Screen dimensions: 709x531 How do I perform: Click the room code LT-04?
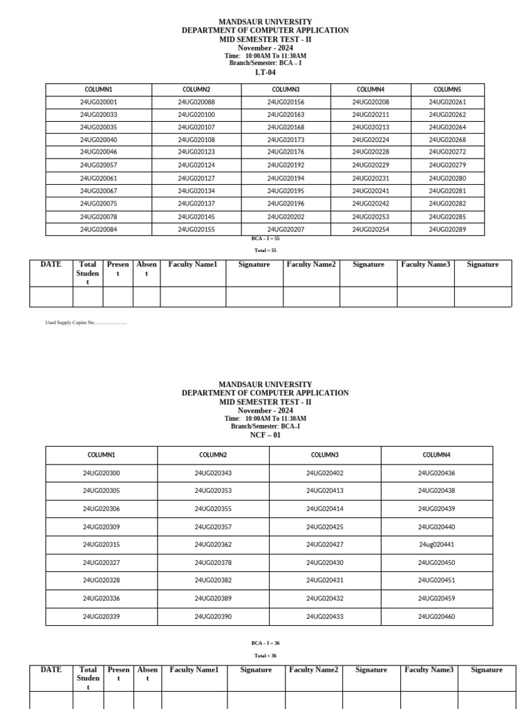265,72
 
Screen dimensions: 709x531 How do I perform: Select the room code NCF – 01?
265,436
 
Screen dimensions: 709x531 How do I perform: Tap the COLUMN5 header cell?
447,89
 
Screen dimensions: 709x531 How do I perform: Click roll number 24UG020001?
98,102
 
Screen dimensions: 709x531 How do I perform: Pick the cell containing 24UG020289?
447,229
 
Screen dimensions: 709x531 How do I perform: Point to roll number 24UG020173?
286,140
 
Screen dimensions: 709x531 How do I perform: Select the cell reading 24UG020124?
196,165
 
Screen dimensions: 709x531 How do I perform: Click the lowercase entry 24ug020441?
436,545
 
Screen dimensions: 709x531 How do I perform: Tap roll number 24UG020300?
101,473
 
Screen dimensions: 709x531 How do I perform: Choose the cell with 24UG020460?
436,616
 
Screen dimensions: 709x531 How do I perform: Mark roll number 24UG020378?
213,563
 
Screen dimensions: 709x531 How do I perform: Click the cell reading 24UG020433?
325,616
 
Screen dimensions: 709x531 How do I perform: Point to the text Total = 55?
265,250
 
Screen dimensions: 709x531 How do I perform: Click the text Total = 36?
265,655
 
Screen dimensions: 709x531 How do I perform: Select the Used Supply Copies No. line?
86,323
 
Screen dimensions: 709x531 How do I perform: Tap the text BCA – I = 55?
265,238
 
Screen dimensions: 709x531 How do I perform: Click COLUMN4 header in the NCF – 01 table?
436,455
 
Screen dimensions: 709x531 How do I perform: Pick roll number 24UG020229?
371,165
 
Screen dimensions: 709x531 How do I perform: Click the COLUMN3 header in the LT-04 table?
286,89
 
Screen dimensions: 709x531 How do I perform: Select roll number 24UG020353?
213,490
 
